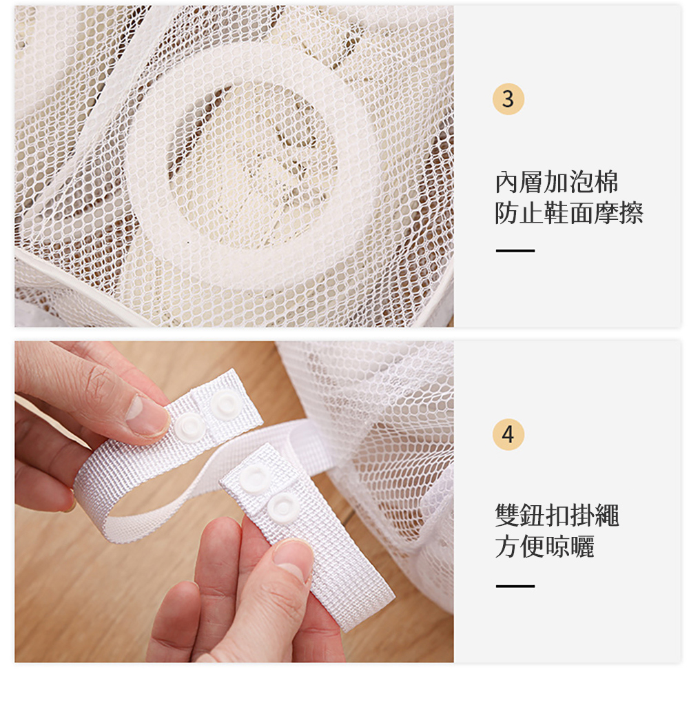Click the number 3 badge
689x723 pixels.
(508, 99)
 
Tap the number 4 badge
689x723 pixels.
(508, 434)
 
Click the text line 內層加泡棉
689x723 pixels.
(556, 182)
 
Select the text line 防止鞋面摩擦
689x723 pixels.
(568, 213)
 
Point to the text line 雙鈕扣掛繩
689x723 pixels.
(557, 515)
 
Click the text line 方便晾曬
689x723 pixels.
(544, 547)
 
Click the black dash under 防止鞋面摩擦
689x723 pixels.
(515, 250)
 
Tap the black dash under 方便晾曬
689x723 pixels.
(515, 586)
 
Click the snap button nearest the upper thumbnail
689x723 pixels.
(190, 427)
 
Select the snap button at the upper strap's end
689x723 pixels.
(227, 405)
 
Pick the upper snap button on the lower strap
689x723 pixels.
(254, 478)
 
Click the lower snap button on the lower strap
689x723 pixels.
(283, 507)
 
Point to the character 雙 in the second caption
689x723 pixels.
(507, 515)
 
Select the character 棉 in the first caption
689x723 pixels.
(606, 182)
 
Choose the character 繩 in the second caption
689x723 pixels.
(606, 515)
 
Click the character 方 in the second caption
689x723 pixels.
(507, 547)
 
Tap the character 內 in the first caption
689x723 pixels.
(507, 182)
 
